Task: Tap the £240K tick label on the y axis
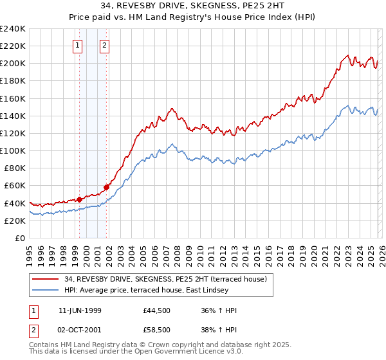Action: tap(13, 29)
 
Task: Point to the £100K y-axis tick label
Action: tap(13, 150)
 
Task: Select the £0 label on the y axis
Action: tap(21, 238)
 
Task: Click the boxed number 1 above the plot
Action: tap(78, 46)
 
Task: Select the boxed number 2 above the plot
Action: tap(104, 46)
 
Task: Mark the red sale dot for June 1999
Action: tap(80, 199)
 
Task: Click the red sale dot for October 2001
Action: tap(106, 187)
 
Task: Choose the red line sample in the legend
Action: tap(46, 278)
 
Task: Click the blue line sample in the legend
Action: tap(46, 289)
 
